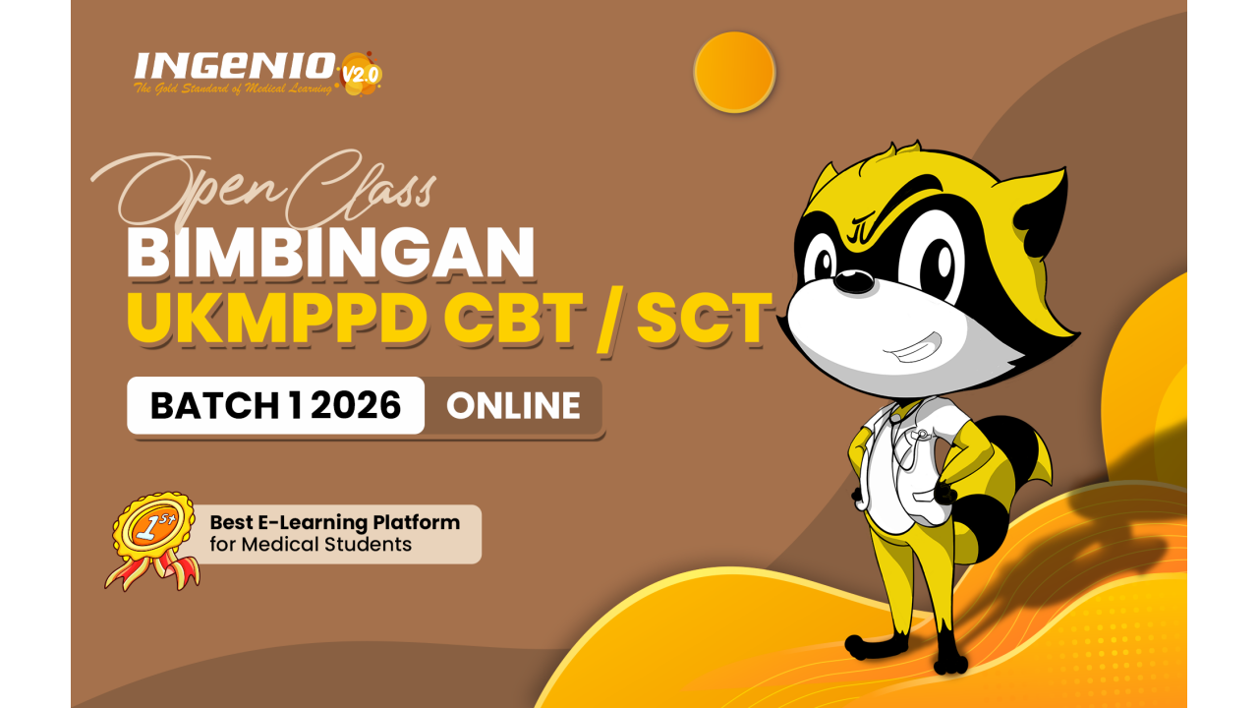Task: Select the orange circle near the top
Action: [x=734, y=72]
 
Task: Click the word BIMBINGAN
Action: [x=331, y=253]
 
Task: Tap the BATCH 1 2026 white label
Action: [x=275, y=405]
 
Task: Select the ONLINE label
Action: [x=513, y=405]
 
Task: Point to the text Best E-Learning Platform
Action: [x=334, y=522]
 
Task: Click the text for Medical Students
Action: [x=311, y=544]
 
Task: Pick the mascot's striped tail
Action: [x=1012, y=472]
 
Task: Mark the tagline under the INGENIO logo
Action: [x=234, y=89]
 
